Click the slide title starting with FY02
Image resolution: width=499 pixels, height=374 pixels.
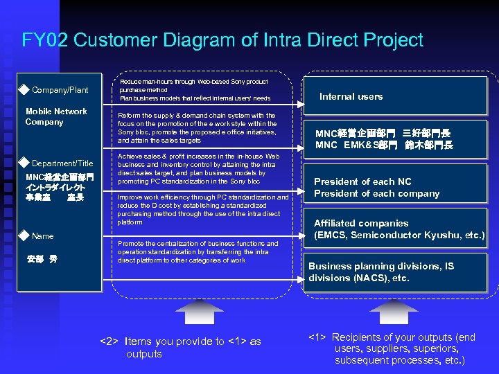[x=222, y=40]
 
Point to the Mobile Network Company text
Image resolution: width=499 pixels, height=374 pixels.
[x=56, y=116]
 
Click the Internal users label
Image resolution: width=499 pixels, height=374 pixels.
[x=351, y=97]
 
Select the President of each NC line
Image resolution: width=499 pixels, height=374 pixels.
[x=367, y=181]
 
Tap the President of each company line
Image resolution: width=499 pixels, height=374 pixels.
[x=376, y=194]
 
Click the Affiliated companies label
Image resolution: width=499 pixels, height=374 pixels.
[x=361, y=224]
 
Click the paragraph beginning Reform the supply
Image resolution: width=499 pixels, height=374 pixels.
[x=198, y=127]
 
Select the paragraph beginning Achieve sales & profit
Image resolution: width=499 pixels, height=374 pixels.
[x=199, y=169]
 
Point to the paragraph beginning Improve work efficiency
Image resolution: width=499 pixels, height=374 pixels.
[x=203, y=210]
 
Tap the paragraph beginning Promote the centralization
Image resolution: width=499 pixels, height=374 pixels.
[x=198, y=252]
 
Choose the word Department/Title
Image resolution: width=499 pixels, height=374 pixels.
[x=62, y=163]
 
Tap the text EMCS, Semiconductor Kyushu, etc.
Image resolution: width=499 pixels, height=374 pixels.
[x=399, y=235]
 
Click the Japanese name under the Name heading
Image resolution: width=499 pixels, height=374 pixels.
[x=42, y=260]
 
